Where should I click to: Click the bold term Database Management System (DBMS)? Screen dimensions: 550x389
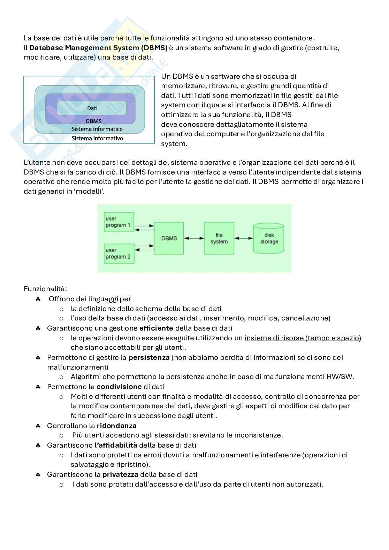pos(98,48)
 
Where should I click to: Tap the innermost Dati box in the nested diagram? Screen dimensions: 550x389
pos(92,108)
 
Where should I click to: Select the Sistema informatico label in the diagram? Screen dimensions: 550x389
pos(97,129)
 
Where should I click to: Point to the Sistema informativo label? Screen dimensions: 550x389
pos(97,138)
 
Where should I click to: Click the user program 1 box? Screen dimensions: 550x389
pos(119,222)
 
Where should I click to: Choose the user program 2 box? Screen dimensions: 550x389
pos(119,254)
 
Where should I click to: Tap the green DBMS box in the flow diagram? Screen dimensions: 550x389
pos(169,238)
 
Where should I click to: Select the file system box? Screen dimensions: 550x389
pos(219,238)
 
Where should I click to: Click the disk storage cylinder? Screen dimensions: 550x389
pos(269,238)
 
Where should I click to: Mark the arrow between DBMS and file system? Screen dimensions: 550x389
pos(194,238)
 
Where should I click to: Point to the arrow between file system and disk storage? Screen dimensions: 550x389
pos(244,238)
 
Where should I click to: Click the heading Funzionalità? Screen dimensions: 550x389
pos(45,289)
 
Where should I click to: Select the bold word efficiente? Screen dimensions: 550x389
pos(156,328)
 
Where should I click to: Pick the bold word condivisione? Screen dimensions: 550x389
pos(119,387)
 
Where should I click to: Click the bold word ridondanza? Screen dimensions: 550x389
pos(117,426)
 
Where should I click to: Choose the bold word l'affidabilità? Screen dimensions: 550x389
pos(116,445)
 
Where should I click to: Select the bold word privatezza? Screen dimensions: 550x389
pos(120,474)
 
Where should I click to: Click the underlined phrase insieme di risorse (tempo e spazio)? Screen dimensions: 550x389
pos(303,338)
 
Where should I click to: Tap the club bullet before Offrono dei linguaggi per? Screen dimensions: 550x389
pos(38,299)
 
